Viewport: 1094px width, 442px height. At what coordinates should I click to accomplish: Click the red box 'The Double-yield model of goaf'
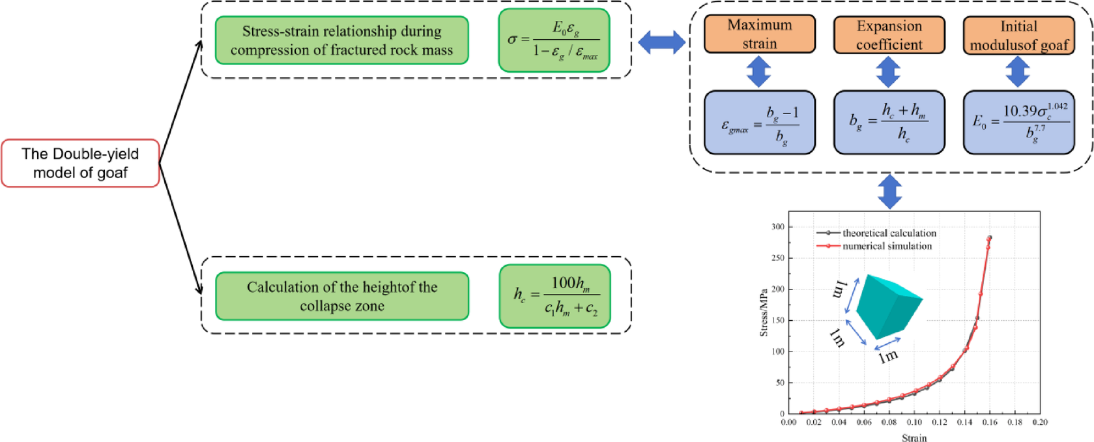click(x=80, y=163)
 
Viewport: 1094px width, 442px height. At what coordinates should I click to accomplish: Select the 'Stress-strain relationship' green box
click(x=341, y=40)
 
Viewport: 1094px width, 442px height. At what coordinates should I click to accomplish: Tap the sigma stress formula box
click(x=554, y=40)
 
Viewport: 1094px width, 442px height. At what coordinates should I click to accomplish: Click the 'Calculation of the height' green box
click(x=341, y=296)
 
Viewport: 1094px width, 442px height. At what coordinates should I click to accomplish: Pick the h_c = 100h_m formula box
click(x=554, y=296)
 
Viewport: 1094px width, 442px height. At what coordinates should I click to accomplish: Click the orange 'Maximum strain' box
click(x=759, y=35)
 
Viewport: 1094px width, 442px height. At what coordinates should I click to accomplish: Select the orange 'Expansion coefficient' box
click(x=889, y=35)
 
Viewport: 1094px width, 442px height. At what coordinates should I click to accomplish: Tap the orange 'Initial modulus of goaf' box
click(x=1018, y=35)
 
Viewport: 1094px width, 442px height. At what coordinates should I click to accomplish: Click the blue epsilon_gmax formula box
click(x=759, y=123)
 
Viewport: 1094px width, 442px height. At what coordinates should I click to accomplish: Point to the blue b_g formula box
click(x=889, y=123)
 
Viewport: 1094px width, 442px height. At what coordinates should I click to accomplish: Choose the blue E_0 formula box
click(x=1018, y=123)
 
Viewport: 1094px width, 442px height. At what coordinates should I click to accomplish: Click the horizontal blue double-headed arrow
click(x=661, y=42)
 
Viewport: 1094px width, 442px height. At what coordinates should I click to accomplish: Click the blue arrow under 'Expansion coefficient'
click(x=888, y=72)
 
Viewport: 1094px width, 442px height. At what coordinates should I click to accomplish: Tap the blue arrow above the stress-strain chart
click(x=890, y=192)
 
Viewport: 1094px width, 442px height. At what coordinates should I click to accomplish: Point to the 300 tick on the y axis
click(x=777, y=227)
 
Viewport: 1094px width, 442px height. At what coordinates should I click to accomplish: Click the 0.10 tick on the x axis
click(x=914, y=422)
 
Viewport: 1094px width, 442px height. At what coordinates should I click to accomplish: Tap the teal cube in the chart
click(x=888, y=303)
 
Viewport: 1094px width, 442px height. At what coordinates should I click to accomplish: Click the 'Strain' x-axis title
click(x=914, y=437)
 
